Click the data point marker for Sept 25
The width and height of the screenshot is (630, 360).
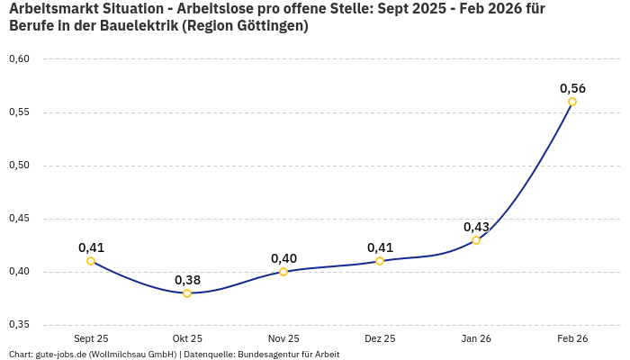point(91,261)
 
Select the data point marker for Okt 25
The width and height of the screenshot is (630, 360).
point(187,293)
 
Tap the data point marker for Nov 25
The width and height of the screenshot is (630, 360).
point(283,272)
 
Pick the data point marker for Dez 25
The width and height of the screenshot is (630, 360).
point(380,261)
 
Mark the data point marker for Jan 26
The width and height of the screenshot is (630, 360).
point(476,240)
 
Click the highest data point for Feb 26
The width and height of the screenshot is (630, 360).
point(572,102)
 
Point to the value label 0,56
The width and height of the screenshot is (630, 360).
point(572,88)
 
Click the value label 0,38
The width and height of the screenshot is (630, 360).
point(187,280)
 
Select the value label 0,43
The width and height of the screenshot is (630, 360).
point(476,227)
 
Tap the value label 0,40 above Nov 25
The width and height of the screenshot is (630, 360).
point(283,258)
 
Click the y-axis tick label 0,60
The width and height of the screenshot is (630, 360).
point(19,59)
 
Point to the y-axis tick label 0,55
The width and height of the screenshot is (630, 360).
point(19,112)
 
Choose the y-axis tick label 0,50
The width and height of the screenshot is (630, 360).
point(19,166)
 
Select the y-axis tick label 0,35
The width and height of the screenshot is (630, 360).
point(19,325)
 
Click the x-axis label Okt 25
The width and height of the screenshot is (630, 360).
point(187,338)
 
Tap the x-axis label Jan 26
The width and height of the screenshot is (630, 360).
point(476,338)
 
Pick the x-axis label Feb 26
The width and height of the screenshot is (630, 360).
point(572,338)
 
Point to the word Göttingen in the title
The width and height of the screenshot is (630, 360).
point(267,26)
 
